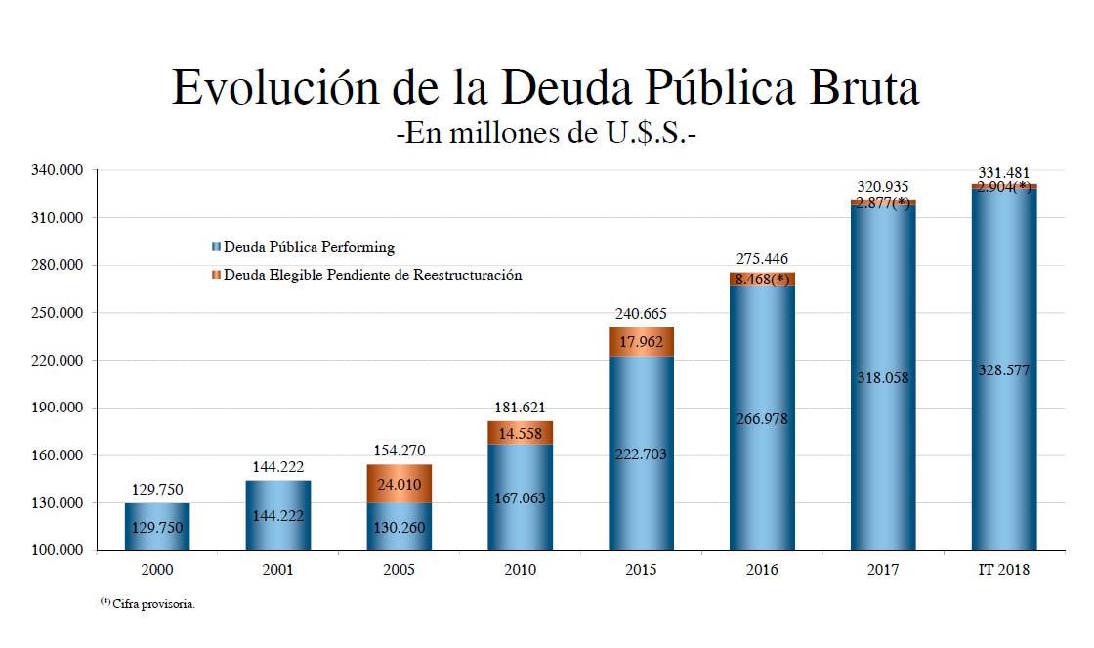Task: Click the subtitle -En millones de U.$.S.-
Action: (546, 133)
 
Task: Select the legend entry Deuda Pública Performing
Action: (309, 248)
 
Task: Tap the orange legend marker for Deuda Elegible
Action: (216, 275)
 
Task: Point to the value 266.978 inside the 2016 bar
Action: (762, 419)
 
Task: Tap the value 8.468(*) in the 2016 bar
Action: (762, 280)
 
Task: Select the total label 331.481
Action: (1003, 174)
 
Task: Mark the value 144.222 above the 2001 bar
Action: (277, 466)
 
